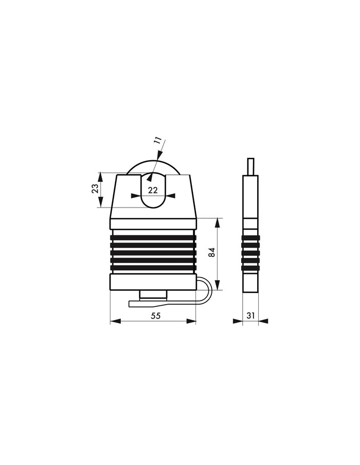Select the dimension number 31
[x=251, y=316]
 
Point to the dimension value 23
[x=95, y=189]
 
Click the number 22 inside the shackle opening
[x=153, y=190]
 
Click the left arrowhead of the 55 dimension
[x=115, y=322]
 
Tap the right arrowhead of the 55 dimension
[x=192, y=322]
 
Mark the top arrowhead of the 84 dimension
[x=218, y=222]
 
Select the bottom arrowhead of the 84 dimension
[x=218, y=287]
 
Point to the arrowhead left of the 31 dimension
[x=238, y=322]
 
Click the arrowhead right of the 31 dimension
[x=263, y=322]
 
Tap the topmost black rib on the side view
[x=250, y=238]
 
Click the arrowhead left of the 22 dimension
[x=135, y=195]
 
